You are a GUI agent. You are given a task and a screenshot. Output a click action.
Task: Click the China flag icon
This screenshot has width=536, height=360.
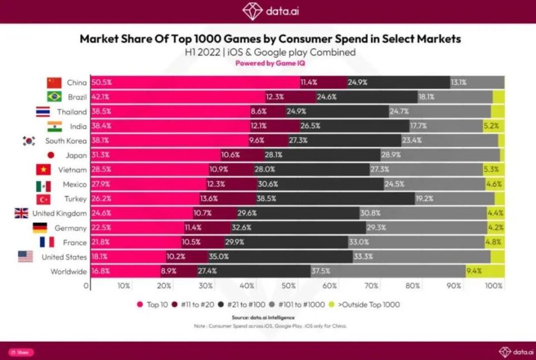click(x=54, y=83)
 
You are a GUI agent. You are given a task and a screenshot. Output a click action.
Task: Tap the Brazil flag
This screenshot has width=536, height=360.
click(x=54, y=97)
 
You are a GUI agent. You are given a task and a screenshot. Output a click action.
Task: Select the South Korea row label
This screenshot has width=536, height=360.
click(x=66, y=141)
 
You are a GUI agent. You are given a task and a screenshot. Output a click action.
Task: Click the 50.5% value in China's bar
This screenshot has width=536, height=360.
click(x=101, y=83)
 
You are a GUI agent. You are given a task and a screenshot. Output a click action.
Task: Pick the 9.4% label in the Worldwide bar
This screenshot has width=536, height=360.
click(x=473, y=271)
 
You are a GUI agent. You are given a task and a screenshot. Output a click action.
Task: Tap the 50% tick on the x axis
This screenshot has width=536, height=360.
click(x=288, y=286)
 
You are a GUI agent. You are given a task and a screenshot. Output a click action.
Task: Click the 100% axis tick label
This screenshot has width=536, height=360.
click(x=494, y=286)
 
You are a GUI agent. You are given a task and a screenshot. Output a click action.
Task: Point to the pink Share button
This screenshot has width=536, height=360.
click(x=21, y=352)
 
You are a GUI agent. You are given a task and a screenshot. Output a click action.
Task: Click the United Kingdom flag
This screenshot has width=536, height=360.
click(x=21, y=213)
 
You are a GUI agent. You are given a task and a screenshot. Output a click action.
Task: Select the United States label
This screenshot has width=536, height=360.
click(x=64, y=257)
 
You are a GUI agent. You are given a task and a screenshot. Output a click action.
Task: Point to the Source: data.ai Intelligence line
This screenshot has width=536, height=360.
click(x=267, y=318)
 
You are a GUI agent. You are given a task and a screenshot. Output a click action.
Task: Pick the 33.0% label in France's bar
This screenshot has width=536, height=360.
click(x=358, y=242)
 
